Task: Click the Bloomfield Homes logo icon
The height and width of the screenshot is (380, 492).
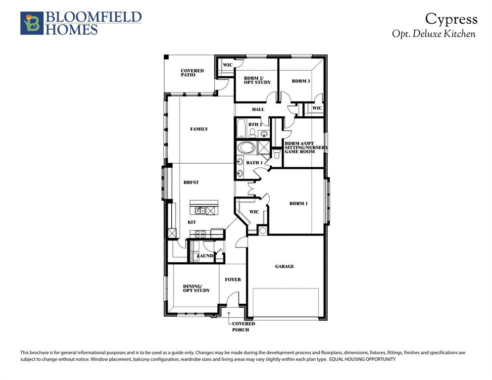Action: click(32, 23)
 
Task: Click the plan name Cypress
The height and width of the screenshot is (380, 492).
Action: click(451, 19)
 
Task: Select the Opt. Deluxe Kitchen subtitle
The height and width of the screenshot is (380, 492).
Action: click(433, 34)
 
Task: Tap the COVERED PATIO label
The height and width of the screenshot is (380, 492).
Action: click(192, 73)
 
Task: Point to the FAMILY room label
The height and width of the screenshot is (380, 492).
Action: click(199, 129)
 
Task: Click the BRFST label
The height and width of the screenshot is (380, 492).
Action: click(191, 183)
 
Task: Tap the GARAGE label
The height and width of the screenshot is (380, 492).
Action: click(284, 267)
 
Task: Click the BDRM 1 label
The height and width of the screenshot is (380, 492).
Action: click(298, 203)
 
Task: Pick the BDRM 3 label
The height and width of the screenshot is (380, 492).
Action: click(300, 81)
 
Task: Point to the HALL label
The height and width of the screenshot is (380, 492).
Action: click(258, 109)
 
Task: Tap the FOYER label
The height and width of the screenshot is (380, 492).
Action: click(233, 280)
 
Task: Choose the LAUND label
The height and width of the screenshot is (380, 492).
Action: click(205, 256)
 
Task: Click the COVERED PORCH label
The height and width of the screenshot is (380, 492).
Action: click(243, 327)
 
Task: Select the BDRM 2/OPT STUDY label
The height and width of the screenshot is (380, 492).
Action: click(256, 80)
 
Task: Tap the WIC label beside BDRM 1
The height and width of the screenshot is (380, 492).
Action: click(254, 212)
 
